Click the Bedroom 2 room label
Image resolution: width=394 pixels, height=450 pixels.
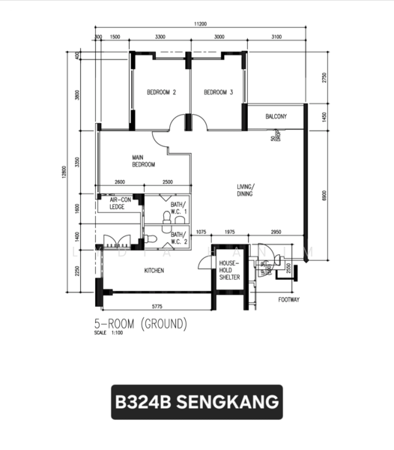pyautogui.click(x=161, y=92)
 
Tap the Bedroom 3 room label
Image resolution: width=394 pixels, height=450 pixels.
pyautogui.click(x=219, y=92)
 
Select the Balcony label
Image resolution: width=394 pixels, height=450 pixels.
pyautogui.click(x=276, y=116)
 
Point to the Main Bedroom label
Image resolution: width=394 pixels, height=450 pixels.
pyautogui.click(x=143, y=160)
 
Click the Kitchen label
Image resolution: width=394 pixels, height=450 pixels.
pyautogui.click(x=154, y=270)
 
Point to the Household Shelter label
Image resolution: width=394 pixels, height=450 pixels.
pyautogui.click(x=228, y=270)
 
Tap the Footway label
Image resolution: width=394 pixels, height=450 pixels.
pyautogui.click(x=289, y=298)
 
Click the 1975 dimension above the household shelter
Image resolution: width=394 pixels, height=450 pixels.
pyautogui.click(x=230, y=232)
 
